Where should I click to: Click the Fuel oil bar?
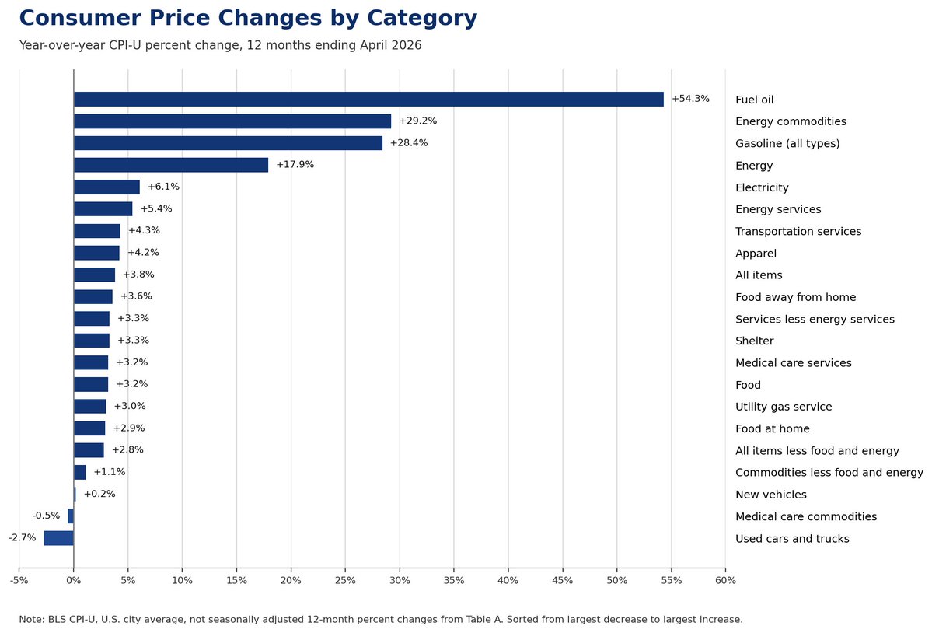368,100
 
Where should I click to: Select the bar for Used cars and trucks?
59,538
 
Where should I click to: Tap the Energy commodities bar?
232,121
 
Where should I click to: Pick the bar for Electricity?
107,187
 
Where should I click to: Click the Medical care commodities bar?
71,516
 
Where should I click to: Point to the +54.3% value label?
691,99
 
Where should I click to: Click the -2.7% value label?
22,538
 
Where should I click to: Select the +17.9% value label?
295,165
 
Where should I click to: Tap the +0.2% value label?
99,494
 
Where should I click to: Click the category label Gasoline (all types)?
787,143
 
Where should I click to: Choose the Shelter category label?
754,341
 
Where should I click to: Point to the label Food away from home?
795,297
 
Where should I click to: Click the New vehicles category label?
771,495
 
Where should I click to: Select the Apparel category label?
756,254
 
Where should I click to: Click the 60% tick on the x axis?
725,580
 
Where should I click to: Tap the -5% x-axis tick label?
19,580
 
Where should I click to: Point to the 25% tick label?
345,580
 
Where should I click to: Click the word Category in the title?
422,19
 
